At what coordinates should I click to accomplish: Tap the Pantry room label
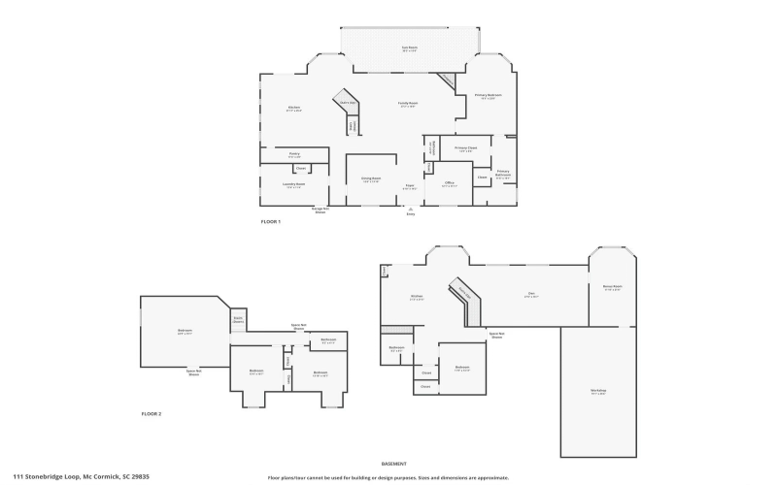coord(294,154)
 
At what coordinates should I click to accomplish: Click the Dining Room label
coord(371,179)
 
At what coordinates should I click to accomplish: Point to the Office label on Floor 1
coord(449,183)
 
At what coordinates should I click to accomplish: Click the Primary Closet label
coord(464,148)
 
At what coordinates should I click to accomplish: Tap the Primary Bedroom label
coord(486,95)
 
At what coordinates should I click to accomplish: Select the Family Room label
coord(407,104)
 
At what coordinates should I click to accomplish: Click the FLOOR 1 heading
coord(271,223)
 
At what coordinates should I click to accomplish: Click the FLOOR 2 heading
coord(152,414)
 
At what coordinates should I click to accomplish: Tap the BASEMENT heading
coord(393,464)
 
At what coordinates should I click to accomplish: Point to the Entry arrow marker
coord(411,210)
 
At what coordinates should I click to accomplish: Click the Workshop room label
coord(597,391)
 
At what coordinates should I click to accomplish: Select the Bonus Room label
coord(611,288)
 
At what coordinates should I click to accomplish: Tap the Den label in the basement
coord(531,295)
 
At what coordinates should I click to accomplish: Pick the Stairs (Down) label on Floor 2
coord(237,319)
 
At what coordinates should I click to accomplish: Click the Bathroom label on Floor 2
coord(328,340)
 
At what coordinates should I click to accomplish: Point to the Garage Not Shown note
coord(320,210)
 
